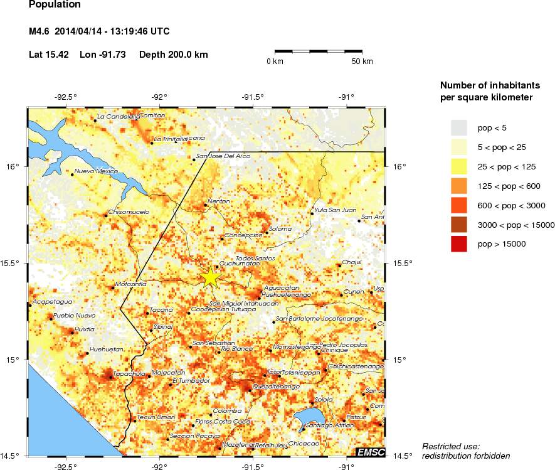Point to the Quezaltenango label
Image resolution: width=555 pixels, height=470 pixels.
point(276,387)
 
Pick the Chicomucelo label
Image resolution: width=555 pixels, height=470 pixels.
point(129,212)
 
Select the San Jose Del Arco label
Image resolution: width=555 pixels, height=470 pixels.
point(223,156)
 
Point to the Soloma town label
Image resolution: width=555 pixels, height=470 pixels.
point(280,229)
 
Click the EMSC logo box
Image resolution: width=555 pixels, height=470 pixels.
point(369,451)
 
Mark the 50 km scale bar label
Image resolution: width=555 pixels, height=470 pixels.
point(362,61)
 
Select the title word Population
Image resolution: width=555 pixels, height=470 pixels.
point(55,5)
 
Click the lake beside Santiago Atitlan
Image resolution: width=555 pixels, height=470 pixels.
point(309,417)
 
